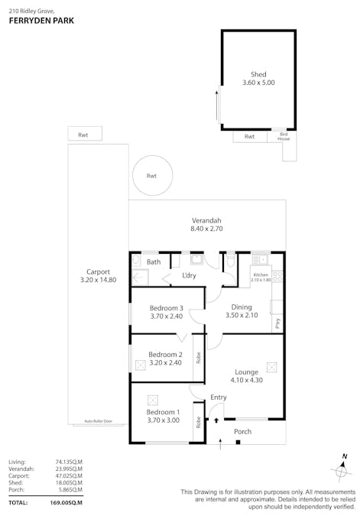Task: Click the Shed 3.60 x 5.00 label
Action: point(258,79)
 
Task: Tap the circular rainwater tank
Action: point(151,176)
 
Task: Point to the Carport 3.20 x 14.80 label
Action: point(99,275)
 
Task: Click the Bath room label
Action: point(154,262)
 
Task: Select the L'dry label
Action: point(190,275)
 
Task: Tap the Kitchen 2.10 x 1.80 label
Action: point(261,277)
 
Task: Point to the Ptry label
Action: point(277,323)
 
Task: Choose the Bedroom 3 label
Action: point(166,312)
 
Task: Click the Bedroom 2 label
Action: point(165,359)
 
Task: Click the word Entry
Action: point(219,397)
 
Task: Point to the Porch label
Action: point(242,432)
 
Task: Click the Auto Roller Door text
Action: point(98,421)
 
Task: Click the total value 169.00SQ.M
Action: point(66,502)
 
